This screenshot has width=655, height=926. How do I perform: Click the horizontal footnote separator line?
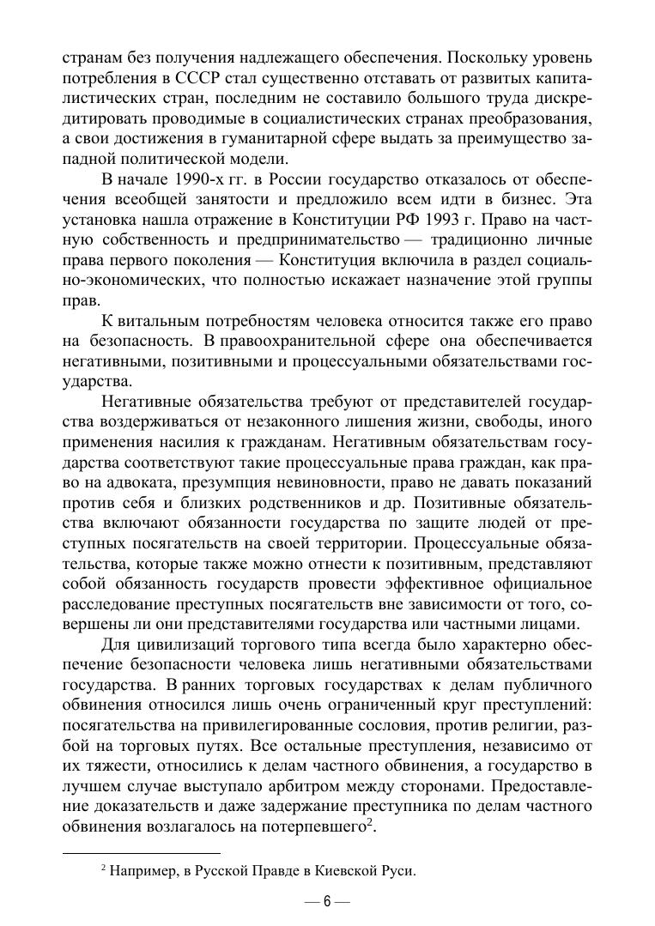[142, 853]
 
